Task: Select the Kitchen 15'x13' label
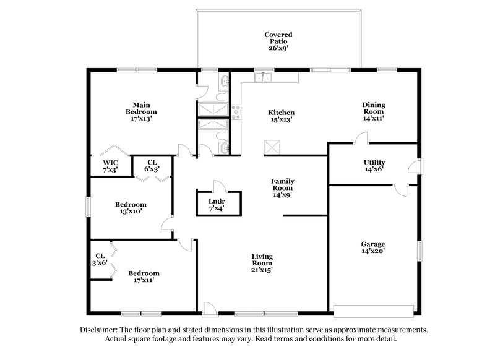[281, 116]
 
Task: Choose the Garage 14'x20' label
[374, 247]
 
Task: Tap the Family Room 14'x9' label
[282, 187]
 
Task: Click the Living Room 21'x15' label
[262, 263]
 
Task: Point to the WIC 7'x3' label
[110, 166]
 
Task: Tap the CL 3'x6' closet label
[100, 259]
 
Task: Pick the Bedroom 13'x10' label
[131, 208]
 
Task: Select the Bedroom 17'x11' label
[144, 276]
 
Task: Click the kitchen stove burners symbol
[236, 112]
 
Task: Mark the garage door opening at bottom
[373, 310]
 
